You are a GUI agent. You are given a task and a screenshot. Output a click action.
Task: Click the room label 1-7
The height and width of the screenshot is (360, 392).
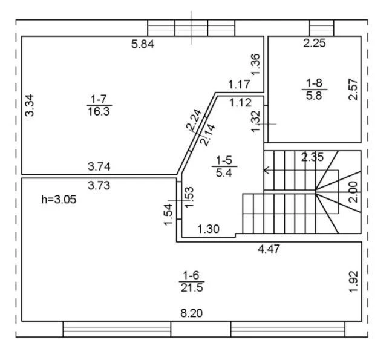tap(99, 99)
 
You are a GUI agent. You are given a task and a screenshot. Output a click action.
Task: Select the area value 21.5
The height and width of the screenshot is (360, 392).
tap(192, 287)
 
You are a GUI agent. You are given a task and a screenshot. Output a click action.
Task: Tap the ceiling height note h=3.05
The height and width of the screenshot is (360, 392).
tap(59, 200)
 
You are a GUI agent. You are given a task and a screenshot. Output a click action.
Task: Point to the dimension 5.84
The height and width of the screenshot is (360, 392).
tap(143, 44)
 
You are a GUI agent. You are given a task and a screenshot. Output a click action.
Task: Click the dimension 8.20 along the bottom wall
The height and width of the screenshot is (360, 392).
tap(192, 313)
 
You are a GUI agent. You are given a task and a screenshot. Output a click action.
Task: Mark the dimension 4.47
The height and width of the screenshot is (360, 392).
tap(269, 249)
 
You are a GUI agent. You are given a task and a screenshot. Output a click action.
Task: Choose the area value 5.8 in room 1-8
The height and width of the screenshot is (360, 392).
tap(314, 96)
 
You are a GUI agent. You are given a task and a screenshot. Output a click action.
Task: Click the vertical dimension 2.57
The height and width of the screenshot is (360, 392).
tap(353, 90)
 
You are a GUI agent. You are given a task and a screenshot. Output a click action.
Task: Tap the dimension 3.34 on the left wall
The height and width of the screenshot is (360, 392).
tap(30, 105)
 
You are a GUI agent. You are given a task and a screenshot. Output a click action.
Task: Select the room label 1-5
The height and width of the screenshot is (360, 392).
tap(224, 160)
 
